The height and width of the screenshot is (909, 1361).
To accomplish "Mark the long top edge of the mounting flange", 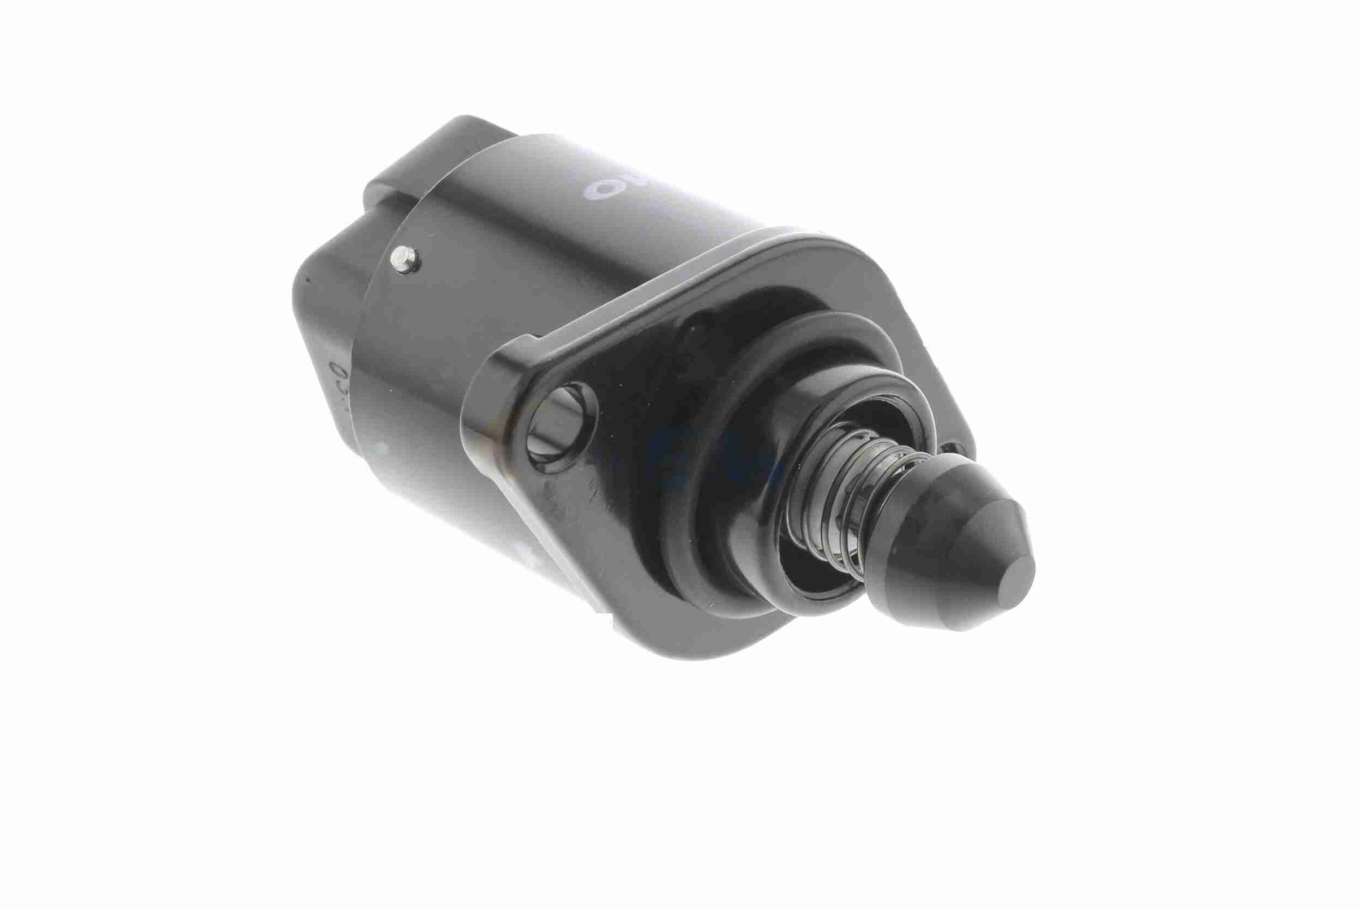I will point(666,278).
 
